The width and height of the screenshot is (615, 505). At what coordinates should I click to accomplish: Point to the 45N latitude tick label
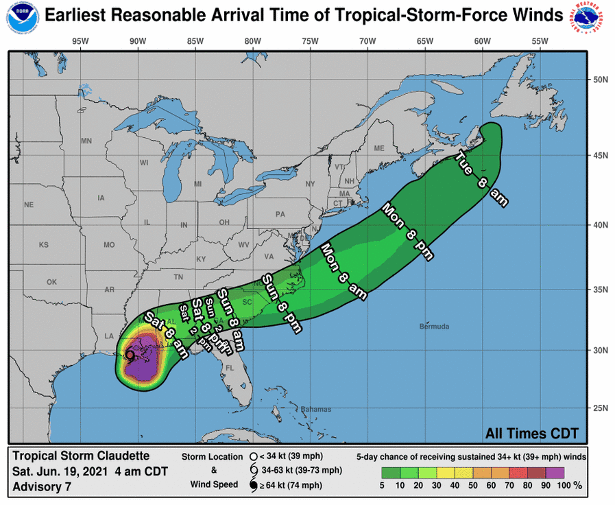601,156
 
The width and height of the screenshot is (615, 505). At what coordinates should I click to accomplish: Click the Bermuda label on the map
434,326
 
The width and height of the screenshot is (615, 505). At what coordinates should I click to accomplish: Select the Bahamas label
316,409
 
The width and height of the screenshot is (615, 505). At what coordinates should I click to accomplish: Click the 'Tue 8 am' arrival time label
482,179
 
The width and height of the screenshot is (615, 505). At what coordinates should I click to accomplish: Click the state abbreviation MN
86,141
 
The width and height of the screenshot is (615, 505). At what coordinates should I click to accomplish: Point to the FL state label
230,368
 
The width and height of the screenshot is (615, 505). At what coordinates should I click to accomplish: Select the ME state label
378,148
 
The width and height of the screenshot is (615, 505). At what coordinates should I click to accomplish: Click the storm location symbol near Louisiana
130,355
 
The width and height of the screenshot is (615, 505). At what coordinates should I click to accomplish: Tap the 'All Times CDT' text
532,433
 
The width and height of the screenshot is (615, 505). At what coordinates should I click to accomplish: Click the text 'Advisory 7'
41,487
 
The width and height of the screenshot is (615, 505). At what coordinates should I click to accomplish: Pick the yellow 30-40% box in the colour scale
448,472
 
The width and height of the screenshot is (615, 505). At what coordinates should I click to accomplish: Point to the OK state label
51,282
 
